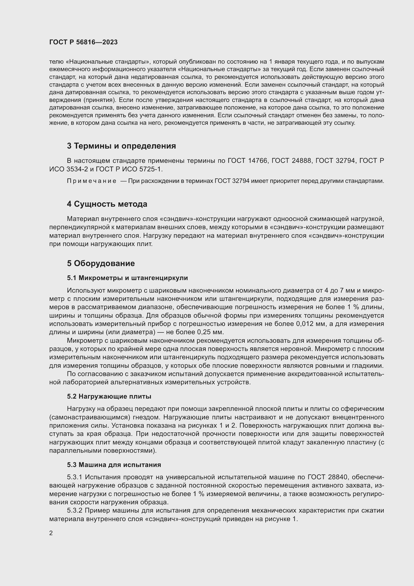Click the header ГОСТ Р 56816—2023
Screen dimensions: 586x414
[x=83, y=42]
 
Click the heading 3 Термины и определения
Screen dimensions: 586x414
[x=121, y=146]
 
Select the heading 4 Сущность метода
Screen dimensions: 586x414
[x=107, y=204]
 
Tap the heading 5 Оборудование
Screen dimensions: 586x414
[x=101, y=263]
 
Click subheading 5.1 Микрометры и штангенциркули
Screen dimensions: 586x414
[x=127, y=278]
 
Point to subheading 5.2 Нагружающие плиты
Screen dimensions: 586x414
[x=109, y=396]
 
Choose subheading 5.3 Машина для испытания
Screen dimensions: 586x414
[x=114, y=464]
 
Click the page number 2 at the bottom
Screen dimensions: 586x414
[x=51, y=533]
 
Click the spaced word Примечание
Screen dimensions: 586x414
[x=92, y=181]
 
